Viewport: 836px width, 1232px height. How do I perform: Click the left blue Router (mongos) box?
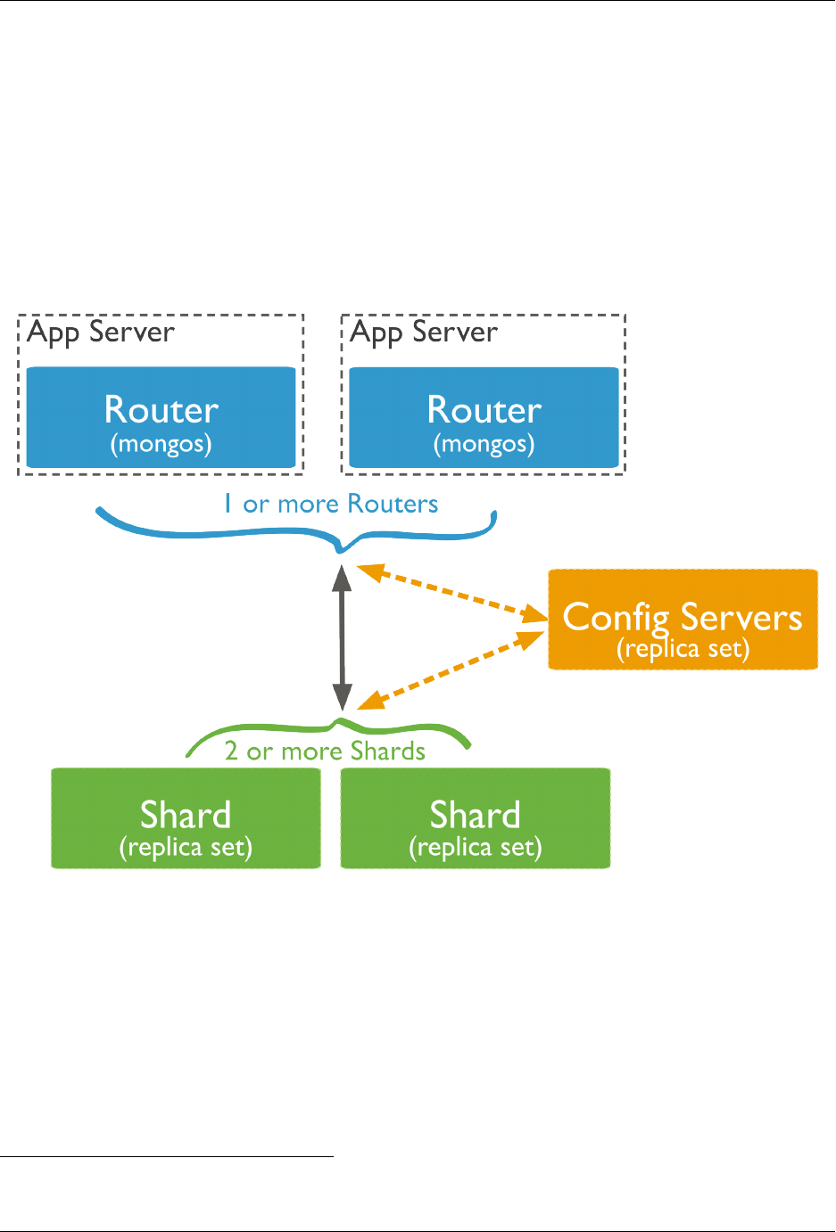(161, 417)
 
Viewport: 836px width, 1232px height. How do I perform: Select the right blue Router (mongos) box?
(484, 417)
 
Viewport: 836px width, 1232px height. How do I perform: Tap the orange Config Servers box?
(683, 620)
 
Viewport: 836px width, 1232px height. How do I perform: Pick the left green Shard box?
(186, 818)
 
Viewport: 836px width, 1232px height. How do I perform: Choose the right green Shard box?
(476, 818)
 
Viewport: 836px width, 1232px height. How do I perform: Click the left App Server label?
(101, 333)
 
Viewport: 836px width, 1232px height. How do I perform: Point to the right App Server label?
(424, 333)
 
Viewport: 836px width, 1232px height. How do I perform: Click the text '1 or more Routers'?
(331, 505)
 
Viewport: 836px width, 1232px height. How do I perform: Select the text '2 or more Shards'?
(325, 752)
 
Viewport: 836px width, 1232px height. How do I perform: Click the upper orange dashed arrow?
(451, 590)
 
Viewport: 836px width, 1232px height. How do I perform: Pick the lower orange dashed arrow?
(455, 668)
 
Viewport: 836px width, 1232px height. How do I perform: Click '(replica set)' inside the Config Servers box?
(683, 649)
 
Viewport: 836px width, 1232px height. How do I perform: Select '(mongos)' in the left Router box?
(161, 444)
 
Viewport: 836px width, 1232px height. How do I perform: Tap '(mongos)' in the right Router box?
(484, 444)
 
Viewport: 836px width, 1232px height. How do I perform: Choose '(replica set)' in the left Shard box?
(186, 847)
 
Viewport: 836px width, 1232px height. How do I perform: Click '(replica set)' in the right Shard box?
(476, 847)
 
